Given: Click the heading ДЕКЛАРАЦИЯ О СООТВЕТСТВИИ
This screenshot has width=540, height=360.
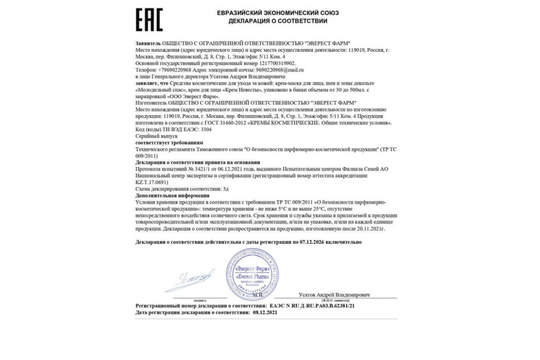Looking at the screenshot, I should click(278, 21).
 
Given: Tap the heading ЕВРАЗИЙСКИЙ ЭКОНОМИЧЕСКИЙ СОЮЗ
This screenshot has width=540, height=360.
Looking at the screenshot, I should click(278, 13).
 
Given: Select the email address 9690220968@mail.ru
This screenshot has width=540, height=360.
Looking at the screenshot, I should click(279, 70).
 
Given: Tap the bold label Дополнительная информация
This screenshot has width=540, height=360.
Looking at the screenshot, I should click(172, 196).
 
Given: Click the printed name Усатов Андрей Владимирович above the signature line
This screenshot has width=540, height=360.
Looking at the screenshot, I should click(334, 295).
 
